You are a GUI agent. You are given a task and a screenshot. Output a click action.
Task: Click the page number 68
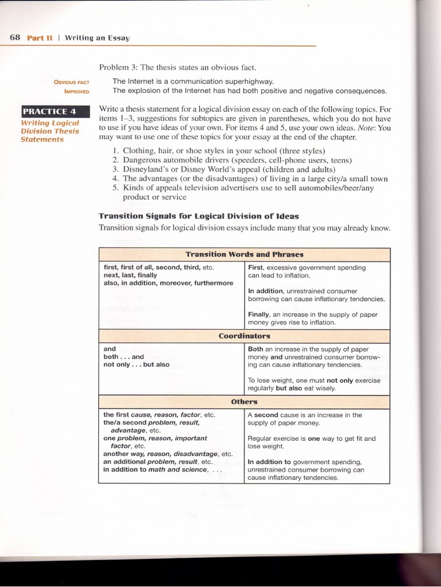coord(15,38)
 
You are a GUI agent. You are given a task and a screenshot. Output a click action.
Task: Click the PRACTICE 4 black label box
coord(48,111)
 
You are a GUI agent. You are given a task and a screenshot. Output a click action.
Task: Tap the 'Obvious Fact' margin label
coord(72,82)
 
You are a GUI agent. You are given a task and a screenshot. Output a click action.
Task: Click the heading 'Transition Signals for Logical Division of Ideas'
coord(199,216)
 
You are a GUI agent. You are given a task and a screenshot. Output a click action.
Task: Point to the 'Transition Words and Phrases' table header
coord(244,254)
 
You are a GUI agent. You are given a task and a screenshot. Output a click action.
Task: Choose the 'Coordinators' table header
coord(244,336)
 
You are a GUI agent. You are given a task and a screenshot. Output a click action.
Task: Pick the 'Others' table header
coord(244,402)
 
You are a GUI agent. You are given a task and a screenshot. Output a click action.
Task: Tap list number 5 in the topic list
coord(115,187)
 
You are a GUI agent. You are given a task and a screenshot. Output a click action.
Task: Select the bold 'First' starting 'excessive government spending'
coord(255,268)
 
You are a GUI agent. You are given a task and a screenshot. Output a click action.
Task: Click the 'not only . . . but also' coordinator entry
coord(136,365)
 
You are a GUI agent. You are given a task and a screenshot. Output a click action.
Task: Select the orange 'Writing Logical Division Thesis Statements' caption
coord(49,131)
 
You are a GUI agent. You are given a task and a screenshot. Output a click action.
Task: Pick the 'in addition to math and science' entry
coord(155,469)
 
